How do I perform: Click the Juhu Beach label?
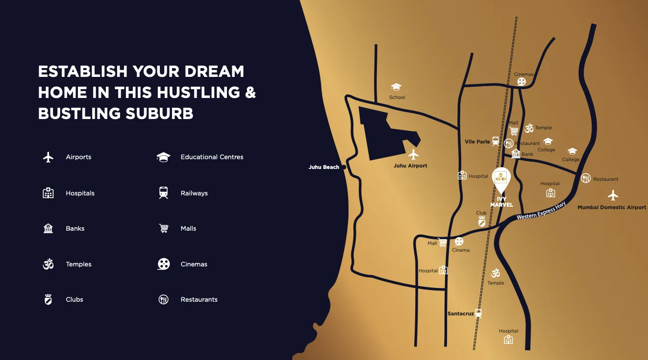[324, 167]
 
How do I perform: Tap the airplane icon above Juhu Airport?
[413, 155]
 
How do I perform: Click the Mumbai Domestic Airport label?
[611, 207]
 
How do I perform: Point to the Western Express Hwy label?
[541, 211]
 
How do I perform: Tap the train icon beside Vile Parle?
[496, 141]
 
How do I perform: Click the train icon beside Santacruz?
[478, 313]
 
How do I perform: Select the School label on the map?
[397, 97]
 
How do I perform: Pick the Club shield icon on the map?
[482, 222]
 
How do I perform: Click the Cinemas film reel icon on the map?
[522, 82]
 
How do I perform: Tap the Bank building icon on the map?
[516, 154]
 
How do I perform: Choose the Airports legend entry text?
[78, 157]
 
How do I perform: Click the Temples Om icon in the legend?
[48, 264]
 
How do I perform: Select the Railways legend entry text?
[194, 193]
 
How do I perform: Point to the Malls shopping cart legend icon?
[164, 228]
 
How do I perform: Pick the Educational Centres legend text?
[212, 157]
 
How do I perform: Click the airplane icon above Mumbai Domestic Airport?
[613, 195]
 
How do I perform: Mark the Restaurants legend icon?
[164, 299]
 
